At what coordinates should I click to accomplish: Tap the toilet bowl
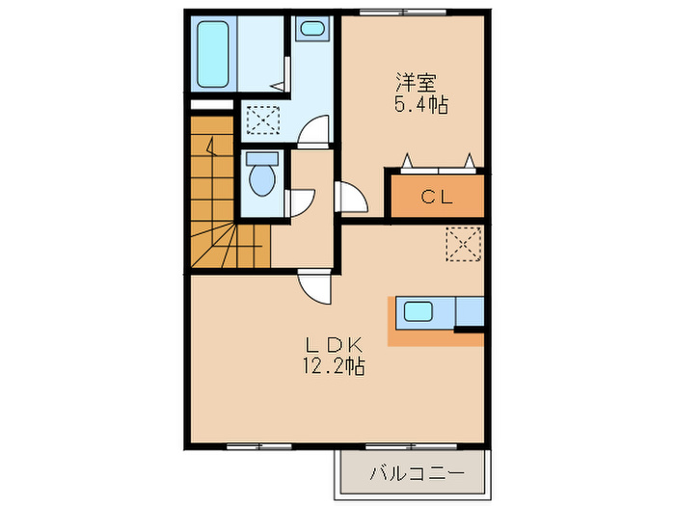(260, 178)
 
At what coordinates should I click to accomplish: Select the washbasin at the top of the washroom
(310, 30)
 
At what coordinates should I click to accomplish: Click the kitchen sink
(419, 311)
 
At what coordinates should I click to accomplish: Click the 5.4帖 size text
(419, 104)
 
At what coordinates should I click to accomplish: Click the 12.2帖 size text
(333, 367)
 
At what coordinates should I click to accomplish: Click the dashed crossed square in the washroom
(261, 120)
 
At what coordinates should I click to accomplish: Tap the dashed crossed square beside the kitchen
(463, 242)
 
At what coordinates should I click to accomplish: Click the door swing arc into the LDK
(315, 286)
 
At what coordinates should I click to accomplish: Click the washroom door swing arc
(314, 132)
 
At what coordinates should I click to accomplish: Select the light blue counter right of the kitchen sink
(469, 311)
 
